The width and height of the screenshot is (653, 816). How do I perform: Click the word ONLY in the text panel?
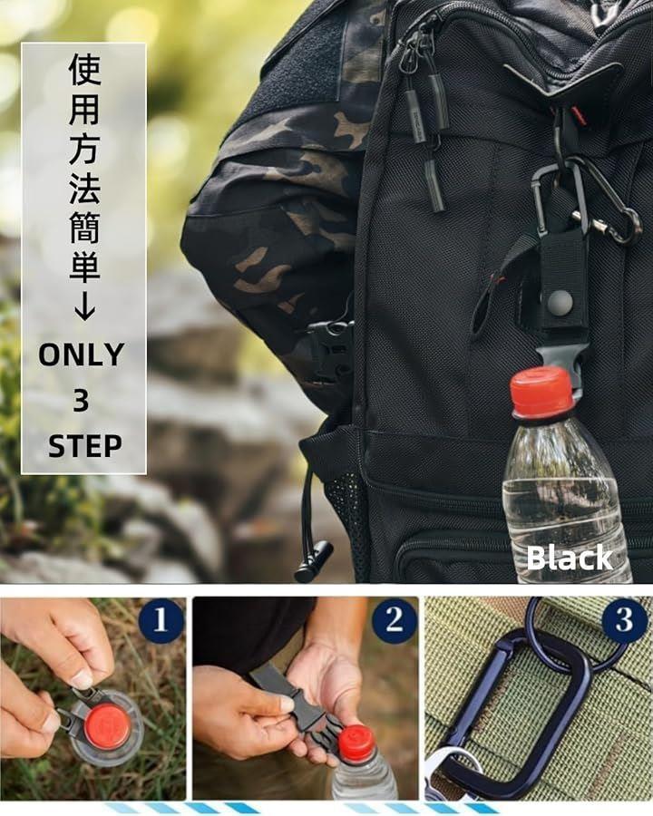(82, 355)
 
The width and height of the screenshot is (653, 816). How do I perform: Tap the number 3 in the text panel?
(81, 401)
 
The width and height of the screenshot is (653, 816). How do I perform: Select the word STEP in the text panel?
(85, 446)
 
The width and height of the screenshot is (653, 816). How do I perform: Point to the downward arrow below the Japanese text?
(84, 306)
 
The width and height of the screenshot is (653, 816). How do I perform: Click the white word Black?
(570, 558)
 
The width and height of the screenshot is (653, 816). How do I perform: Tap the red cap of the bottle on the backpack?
(541, 392)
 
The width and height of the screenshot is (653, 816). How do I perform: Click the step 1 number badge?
(161, 620)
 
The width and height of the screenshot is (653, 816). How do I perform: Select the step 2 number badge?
(395, 620)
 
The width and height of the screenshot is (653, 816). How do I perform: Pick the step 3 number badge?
(624, 620)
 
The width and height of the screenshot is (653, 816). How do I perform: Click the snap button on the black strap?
(560, 301)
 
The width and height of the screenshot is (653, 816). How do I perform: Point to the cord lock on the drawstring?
(314, 561)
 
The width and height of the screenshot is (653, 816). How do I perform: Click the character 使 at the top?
(84, 69)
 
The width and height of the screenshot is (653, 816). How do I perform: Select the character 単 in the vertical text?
(84, 266)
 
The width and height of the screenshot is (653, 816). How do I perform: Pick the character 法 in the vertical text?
(84, 187)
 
